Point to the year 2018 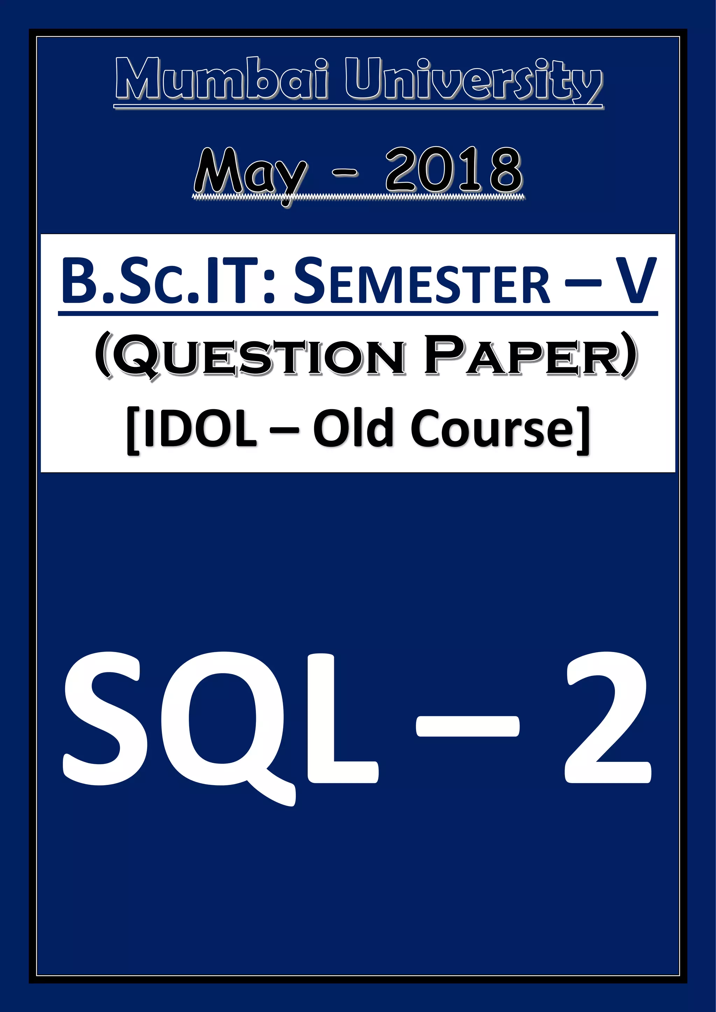click(x=454, y=170)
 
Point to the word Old click(x=353, y=427)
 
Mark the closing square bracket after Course click(x=583, y=430)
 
